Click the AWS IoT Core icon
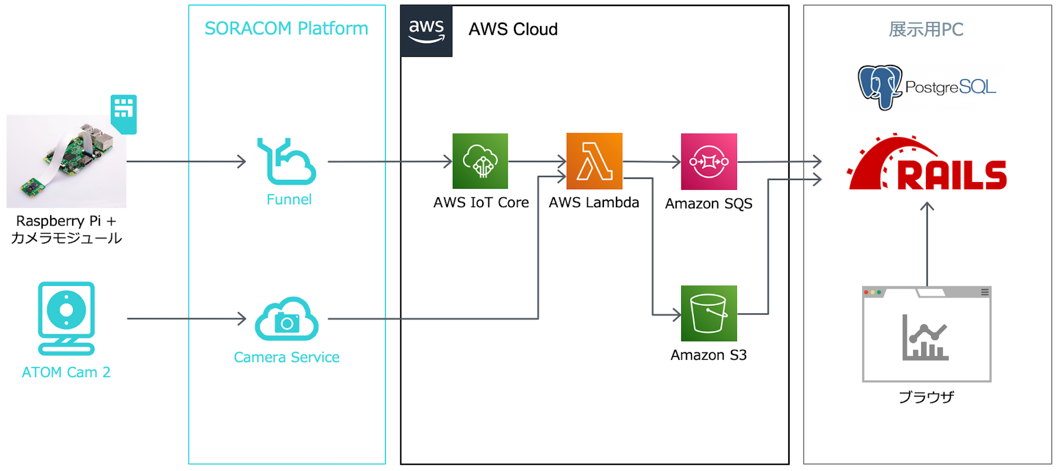480,161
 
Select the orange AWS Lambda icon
594,161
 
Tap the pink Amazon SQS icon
709,162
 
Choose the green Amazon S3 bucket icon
709,313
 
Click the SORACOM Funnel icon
287,161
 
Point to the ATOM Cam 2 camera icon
67,318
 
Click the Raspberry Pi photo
67,162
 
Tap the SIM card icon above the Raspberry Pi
124,114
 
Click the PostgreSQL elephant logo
880,86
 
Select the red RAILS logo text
952,175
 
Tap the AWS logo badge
426,31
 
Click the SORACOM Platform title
287,29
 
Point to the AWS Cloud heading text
513,30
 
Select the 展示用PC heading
926,30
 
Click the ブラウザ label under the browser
926,397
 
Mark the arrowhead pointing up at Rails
927,206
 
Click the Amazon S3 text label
708,355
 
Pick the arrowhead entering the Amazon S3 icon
677,315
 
